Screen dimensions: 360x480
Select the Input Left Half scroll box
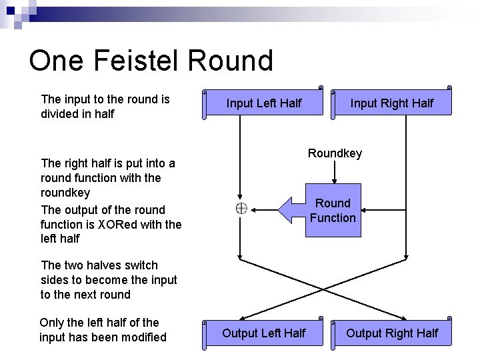click(x=264, y=103)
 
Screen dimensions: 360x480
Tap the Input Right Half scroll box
click(x=391, y=103)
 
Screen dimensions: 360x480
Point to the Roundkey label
click(x=335, y=153)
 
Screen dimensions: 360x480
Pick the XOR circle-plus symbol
click(x=241, y=209)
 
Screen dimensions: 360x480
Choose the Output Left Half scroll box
click(x=263, y=333)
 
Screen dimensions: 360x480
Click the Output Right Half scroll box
click(x=391, y=333)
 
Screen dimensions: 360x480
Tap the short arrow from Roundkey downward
click(x=335, y=172)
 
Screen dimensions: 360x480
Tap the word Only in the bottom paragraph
click(x=51, y=323)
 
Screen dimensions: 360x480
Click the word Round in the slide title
click(x=231, y=61)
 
